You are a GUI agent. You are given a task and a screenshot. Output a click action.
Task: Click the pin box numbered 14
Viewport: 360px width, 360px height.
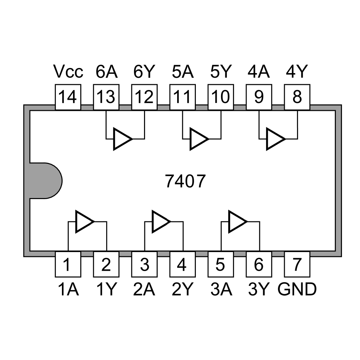click(x=68, y=97)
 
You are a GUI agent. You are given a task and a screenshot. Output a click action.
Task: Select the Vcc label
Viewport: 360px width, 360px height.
click(x=68, y=72)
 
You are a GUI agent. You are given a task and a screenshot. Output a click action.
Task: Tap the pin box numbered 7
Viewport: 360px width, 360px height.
click(x=297, y=265)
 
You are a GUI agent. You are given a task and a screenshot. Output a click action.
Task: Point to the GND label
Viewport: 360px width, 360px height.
click(x=297, y=289)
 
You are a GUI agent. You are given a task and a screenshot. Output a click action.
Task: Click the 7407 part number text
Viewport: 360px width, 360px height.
click(x=185, y=181)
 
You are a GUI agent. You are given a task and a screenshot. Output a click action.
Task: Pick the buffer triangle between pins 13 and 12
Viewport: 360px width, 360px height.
click(x=122, y=139)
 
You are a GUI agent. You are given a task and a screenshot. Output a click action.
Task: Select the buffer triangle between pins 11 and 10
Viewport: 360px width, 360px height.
click(x=198, y=139)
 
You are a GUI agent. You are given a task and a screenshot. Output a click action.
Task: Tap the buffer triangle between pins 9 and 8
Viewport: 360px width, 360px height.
click(x=274, y=139)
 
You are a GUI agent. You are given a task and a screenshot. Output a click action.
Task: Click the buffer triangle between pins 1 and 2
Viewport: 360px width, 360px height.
click(x=84, y=221)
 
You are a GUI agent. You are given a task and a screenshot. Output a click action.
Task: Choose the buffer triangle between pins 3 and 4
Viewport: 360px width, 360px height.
click(x=160, y=221)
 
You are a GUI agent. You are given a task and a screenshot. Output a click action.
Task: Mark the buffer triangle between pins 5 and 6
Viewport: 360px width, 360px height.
click(x=237, y=221)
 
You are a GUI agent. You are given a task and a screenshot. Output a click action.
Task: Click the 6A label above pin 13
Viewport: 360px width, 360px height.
click(x=107, y=72)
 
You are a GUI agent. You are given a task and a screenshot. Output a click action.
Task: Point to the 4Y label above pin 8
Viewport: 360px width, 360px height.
click(x=297, y=72)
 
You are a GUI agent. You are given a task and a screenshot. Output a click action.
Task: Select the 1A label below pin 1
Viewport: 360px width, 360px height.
click(x=68, y=289)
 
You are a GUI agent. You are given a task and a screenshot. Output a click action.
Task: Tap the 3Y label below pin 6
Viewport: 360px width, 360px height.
click(x=259, y=289)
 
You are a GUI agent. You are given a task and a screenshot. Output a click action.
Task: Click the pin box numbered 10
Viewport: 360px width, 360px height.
click(x=221, y=97)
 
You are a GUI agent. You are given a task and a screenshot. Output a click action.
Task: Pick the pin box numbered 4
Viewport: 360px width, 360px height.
click(x=183, y=265)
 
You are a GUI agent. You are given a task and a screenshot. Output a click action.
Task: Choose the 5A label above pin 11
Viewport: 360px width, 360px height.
click(x=183, y=72)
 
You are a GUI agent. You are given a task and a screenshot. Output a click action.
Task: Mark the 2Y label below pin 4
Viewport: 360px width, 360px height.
click(x=183, y=289)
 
